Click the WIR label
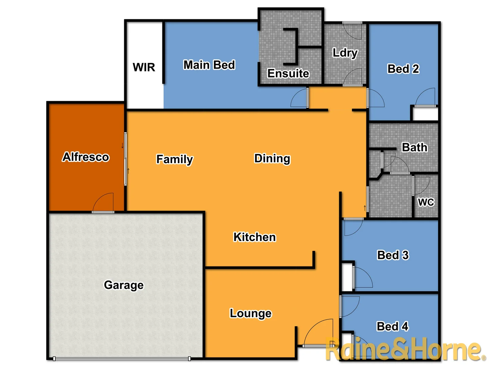pos(144,67)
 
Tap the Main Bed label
pos(209,65)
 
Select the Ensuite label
pos(288,73)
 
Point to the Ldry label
pos(345,53)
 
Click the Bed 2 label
pos(403,69)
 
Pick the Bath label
pos(415,147)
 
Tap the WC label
pos(426,202)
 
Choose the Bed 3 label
pos(393,255)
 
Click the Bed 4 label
pos(393,326)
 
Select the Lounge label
pos(251,313)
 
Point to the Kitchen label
pos(255,237)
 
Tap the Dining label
pos(272,158)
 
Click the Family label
pos(175,159)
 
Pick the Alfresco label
pos(86,157)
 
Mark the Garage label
pos(124,285)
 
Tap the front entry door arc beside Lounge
pos(318,332)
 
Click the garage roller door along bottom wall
pos(122,359)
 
